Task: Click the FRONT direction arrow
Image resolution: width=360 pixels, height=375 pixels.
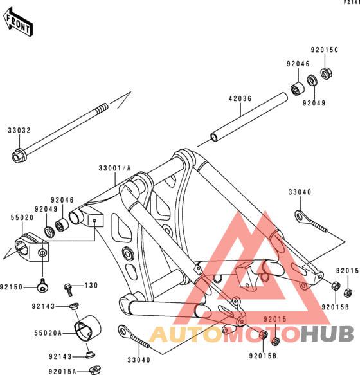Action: [x=18, y=22]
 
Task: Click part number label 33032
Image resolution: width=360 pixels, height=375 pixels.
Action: [x=19, y=131]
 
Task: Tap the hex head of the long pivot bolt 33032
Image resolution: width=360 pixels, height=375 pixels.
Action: [x=19, y=156]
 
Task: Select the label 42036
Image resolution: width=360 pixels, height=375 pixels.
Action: [x=240, y=98]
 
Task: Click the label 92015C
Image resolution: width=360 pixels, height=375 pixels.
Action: [x=325, y=50]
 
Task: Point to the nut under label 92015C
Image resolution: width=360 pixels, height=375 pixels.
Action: [x=327, y=74]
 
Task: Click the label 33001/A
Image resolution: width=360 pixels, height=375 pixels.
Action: [x=115, y=168]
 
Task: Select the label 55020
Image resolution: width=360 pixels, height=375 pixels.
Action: [x=22, y=217]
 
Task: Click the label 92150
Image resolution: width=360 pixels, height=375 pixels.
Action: [x=11, y=287]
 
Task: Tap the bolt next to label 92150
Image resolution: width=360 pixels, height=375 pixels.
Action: [x=43, y=286]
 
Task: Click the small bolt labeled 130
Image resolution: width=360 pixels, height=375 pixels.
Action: [x=69, y=289]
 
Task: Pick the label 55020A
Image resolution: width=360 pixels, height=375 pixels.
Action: [x=48, y=333]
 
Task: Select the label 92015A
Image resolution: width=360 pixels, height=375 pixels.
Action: [x=62, y=371]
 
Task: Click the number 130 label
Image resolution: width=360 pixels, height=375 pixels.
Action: [x=91, y=286]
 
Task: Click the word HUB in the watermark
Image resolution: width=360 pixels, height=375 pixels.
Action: [x=327, y=334]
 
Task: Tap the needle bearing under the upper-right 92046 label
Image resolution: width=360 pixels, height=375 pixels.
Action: [x=298, y=89]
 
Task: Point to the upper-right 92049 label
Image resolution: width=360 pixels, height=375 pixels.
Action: [x=314, y=103]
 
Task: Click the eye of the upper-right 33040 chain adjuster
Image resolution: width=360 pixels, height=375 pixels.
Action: [x=300, y=217]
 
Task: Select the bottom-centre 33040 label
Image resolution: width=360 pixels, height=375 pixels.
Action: [x=139, y=360]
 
